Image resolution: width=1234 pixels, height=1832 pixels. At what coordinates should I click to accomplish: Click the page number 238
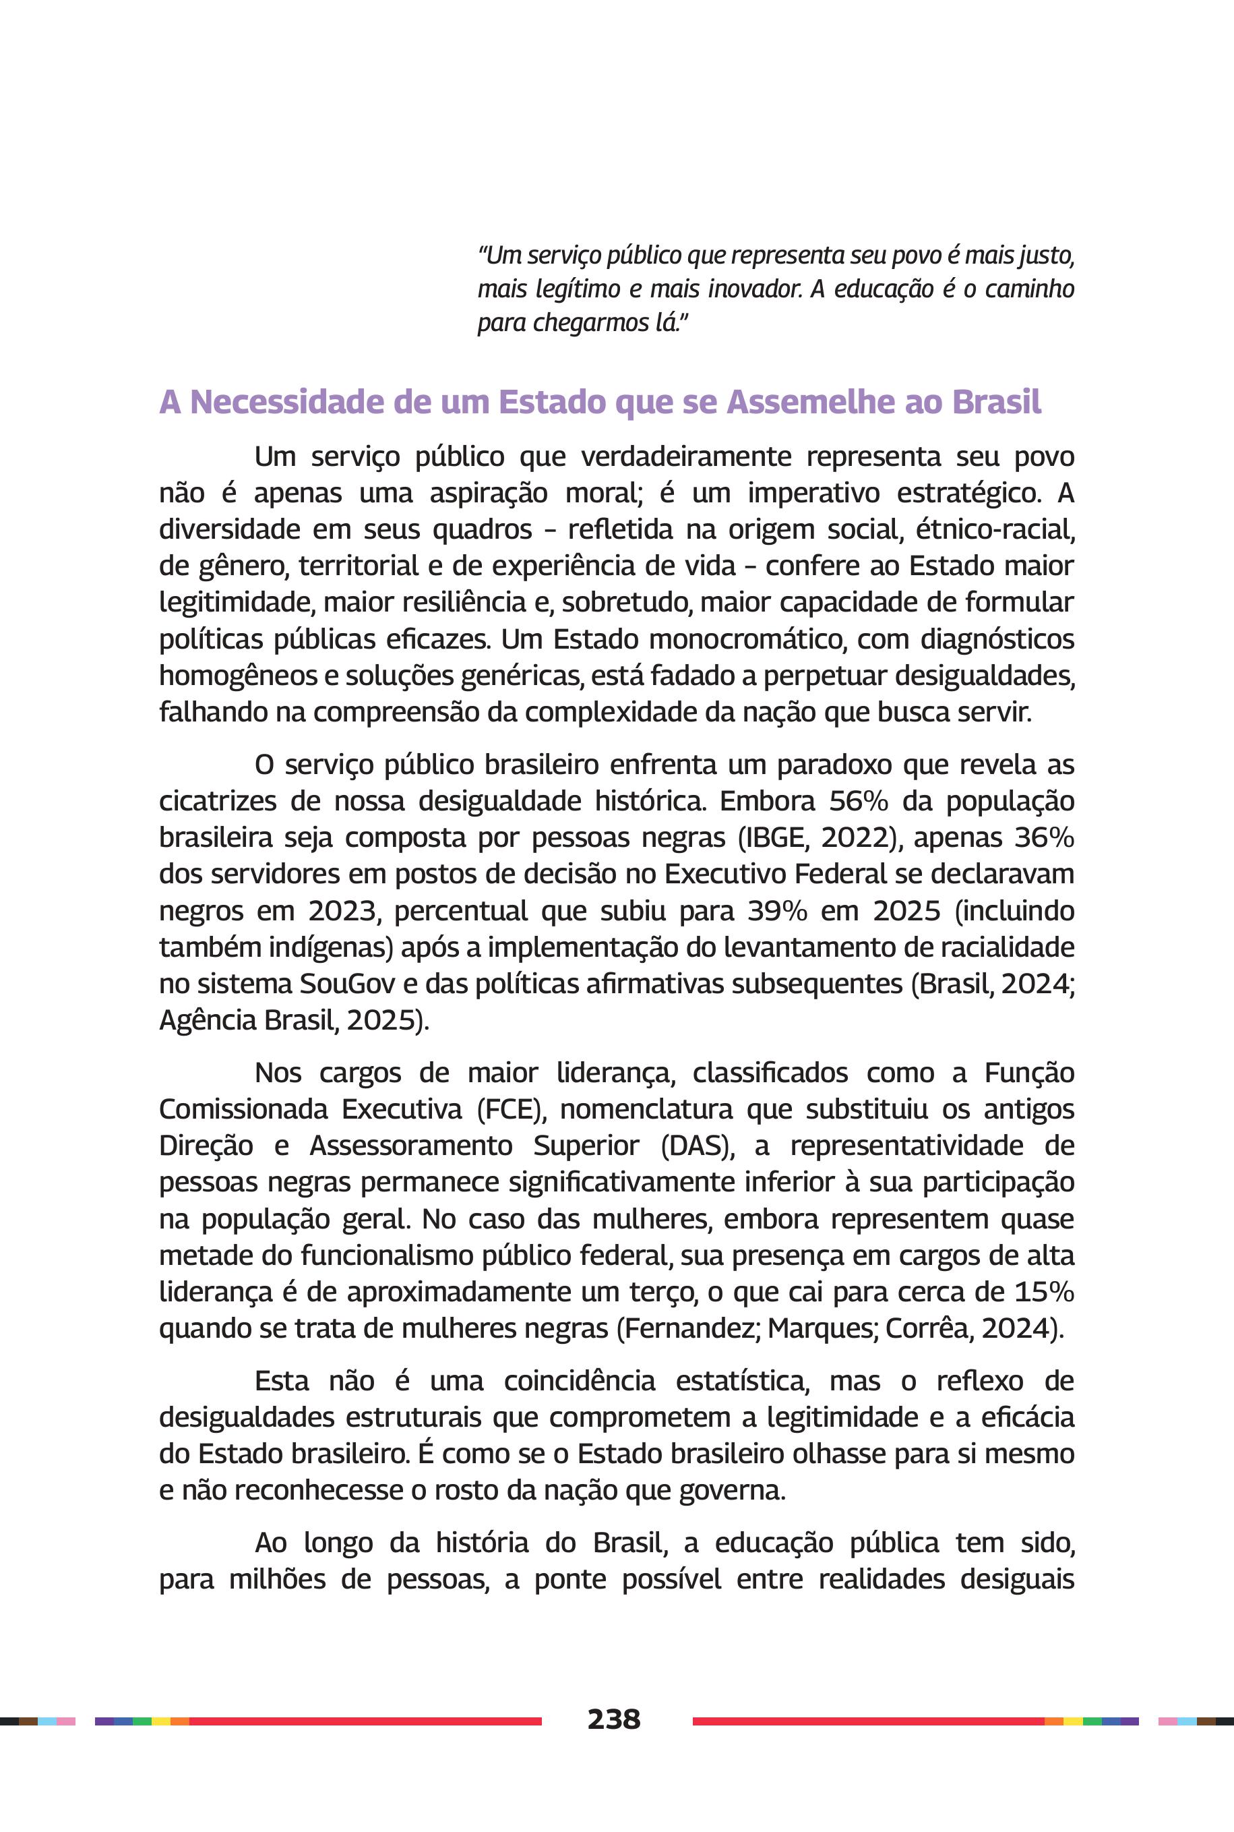[x=614, y=1719]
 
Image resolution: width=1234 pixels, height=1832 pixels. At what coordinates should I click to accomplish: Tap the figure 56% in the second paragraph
[x=859, y=800]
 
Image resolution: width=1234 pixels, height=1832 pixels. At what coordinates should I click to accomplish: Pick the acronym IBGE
[x=773, y=837]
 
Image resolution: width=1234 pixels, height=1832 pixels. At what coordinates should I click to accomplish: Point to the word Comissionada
[x=243, y=1109]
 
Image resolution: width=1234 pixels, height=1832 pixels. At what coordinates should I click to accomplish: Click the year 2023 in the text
[x=342, y=910]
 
